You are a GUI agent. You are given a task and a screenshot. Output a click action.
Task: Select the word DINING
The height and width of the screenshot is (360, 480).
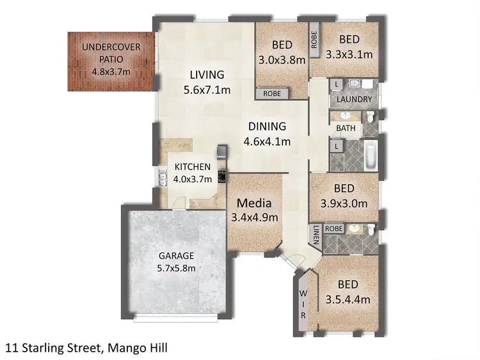tap(267, 127)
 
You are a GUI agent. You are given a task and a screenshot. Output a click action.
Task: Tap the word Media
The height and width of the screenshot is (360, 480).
tap(254, 203)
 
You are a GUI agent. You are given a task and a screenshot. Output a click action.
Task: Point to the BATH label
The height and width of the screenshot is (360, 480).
tap(346, 128)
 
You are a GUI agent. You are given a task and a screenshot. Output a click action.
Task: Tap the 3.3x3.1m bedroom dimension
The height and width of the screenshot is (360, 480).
tap(349, 54)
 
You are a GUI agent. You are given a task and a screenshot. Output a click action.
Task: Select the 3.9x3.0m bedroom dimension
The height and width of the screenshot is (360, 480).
tap(344, 205)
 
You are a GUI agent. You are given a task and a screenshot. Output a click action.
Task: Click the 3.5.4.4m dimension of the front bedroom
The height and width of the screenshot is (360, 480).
tap(348, 299)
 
